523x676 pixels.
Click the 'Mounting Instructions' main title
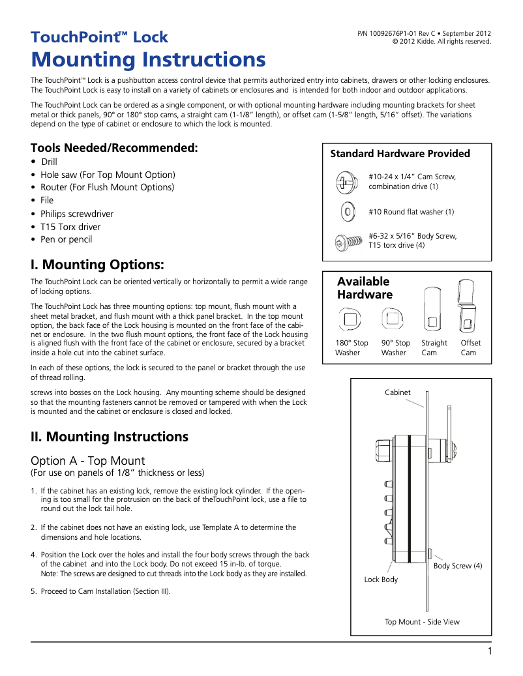[148, 60]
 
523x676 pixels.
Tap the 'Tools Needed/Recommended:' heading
[114, 148]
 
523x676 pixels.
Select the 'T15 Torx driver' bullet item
[70, 227]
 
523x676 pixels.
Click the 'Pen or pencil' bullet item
[66, 239]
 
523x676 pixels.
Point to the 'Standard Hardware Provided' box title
[400, 154]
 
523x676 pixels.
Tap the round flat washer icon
[348, 211]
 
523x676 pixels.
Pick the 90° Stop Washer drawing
[393, 319]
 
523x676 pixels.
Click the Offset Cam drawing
[468, 306]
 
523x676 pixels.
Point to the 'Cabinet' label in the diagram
[398, 392]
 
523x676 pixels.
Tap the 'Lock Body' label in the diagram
[381, 580]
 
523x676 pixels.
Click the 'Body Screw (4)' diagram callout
[458, 566]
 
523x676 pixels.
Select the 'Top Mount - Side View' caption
[422, 622]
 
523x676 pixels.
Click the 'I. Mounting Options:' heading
[97, 265]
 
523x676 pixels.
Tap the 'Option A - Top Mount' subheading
[87, 460]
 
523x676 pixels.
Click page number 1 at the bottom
[489, 651]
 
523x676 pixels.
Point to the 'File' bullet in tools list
[47, 200]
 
